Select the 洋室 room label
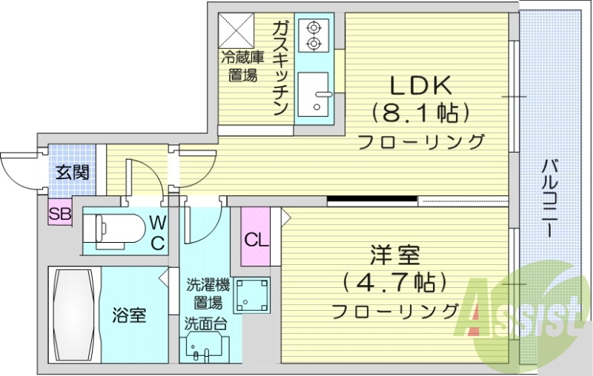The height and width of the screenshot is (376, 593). click(x=395, y=257)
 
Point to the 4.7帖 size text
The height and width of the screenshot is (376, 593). click(x=394, y=283)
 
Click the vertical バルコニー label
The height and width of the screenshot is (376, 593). click(x=550, y=197)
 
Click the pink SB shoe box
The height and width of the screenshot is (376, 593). click(x=59, y=214)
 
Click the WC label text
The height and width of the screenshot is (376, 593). click(x=158, y=231)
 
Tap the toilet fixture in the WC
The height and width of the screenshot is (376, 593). click(x=116, y=226)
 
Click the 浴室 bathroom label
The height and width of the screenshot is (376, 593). click(x=129, y=315)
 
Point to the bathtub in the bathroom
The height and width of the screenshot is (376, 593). click(x=73, y=315)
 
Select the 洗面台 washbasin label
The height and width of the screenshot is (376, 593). click(x=203, y=323)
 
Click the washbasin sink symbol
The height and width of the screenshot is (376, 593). click(x=203, y=349)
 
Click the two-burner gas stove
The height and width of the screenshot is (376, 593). click(x=314, y=36)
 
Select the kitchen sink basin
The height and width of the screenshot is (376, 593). click(x=314, y=94)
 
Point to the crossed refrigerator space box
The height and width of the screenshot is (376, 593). click(x=239, y=30)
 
